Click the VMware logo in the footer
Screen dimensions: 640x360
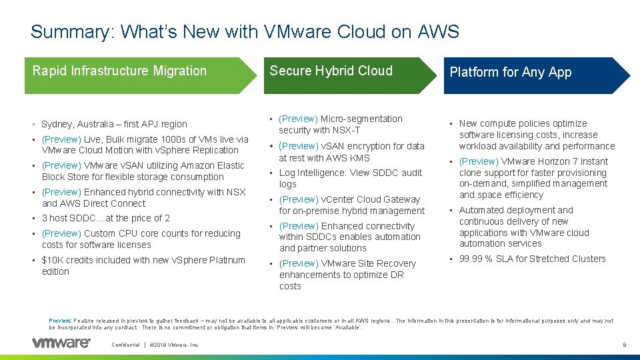pos(61,343)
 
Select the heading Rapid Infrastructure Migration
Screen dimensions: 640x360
pos(119,71)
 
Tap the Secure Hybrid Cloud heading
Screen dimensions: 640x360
pos(331,71)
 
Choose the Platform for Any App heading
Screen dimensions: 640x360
pos(510,72)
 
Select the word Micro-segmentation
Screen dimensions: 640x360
pos(361,119)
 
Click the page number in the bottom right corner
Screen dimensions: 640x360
pos(623,345)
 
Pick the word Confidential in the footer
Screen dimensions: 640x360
pos(126,345)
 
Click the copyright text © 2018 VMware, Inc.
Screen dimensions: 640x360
pos(174,345)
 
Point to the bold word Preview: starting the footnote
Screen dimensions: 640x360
pos(61,321)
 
